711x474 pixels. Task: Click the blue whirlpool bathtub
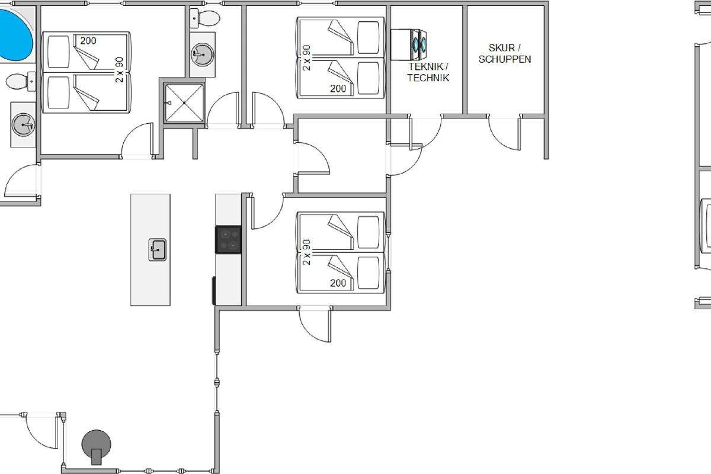[x=14, y=35]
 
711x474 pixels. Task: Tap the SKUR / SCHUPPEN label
[x=505, y=54]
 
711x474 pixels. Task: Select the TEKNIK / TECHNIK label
[x=428, y=72]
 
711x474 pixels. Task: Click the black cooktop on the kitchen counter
[x=228, y=240]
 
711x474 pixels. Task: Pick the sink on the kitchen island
[x=158, y=250]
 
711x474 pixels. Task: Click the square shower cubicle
[x=184, y=103]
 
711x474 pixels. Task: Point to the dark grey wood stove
[x=97, y=447]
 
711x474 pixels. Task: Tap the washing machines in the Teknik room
[x=409, y=45]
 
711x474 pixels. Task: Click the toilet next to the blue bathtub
[x=21, y=81]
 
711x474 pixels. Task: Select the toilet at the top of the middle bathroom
[x=205, y=18]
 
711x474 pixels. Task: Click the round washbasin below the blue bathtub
[x=23, y=125]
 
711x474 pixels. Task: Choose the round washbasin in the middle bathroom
[x=202, y=55]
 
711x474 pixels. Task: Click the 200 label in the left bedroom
[x=88, y=41]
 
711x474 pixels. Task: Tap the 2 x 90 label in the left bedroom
[x=119, y=70]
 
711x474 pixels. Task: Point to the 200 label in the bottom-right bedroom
[x=338, y=283]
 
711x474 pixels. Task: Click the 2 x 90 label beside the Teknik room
[x=307, y=58]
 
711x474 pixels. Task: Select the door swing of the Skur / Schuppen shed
[x=505, y=133]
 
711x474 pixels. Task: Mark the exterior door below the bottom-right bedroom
[x=315, y=325]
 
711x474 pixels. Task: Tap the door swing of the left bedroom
[x=137, y=140]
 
